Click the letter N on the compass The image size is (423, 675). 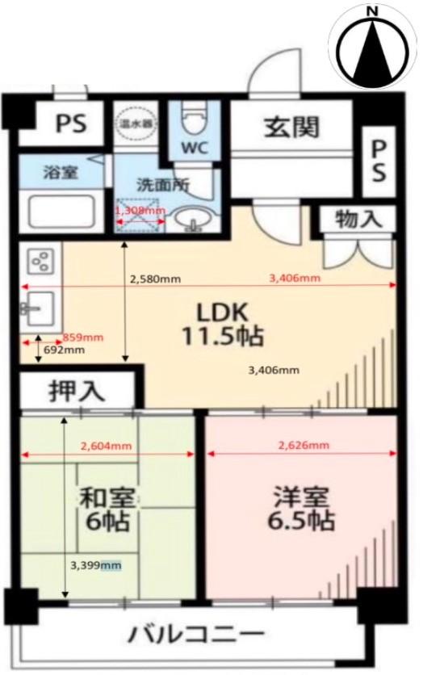(372, 11)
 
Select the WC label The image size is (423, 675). (194, 148)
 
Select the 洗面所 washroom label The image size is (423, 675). (162, 183)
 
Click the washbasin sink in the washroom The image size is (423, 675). (192, 219)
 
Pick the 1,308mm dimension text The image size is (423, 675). (140, 210)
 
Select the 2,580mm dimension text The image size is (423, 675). (155, 279)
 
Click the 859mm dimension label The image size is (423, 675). (82, 337)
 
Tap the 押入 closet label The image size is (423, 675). (77, 391)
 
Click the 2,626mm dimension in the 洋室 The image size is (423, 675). (303, 445)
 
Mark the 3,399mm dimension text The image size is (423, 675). (95, 565)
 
